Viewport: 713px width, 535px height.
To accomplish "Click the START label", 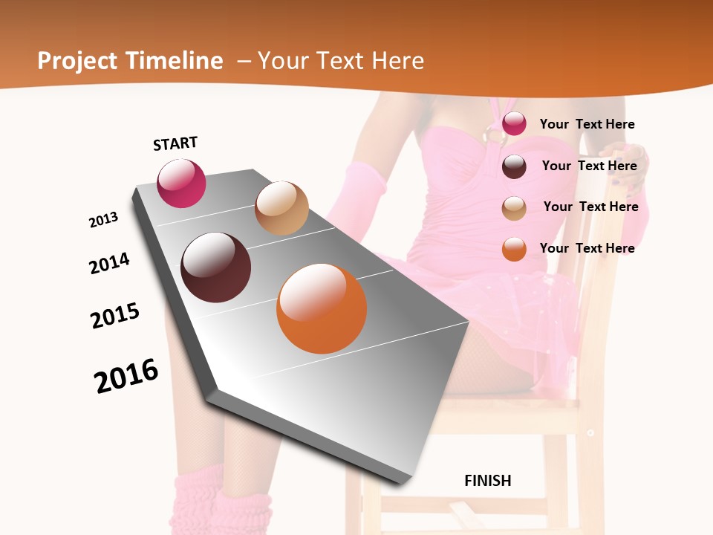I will click(x=175, y=143).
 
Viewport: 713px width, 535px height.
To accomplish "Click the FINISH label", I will click(x=487, y=480).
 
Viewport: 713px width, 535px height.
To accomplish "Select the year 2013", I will click(x=103, y=220).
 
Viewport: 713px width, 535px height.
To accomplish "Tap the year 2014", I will click(x=109, y=263).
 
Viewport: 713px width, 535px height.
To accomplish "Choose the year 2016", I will click(x=126, y=375).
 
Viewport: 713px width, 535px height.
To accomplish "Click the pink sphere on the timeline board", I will click(x=181, y=183).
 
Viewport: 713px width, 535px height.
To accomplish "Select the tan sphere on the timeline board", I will click(x=281, y=208).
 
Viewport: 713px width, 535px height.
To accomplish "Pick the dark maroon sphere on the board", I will click(x=216, y=267).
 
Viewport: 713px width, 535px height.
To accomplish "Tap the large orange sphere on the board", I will click(x=322, y=308).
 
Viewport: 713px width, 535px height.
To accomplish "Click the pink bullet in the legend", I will click(x=514, y=124).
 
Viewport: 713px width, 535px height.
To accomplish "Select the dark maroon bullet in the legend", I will click(x=514, y=166).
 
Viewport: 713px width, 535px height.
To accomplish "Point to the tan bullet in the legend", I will click(x=514, y=207).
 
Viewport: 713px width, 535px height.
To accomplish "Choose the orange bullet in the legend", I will click(x=514, y=249).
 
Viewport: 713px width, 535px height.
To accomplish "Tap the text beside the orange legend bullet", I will click(x=587, y=248).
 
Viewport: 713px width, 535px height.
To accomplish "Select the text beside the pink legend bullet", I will click(x=587, y=124).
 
